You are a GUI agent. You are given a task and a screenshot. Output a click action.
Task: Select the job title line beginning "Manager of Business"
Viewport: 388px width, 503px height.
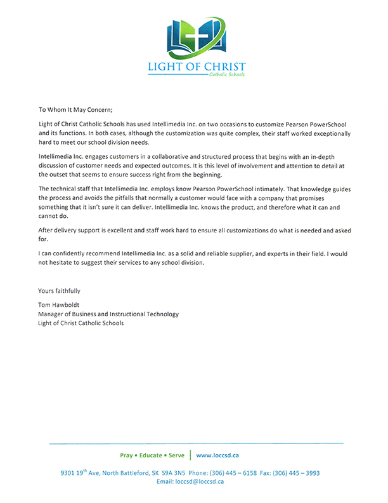[108, 314]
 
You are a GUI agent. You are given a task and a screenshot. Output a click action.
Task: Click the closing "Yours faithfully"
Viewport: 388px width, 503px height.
[59, 291]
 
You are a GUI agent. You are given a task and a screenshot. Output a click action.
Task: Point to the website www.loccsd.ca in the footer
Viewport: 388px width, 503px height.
[217, 455]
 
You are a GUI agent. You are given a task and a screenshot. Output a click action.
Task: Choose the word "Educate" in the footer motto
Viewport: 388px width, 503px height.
[150, 455]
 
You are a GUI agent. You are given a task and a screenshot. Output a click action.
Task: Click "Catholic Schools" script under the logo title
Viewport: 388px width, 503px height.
[226, 75]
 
